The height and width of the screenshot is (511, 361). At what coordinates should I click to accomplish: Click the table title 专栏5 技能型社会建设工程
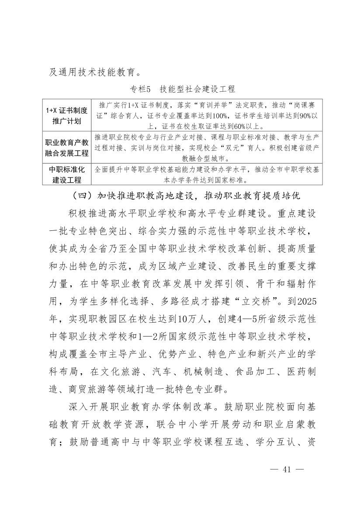182,89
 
